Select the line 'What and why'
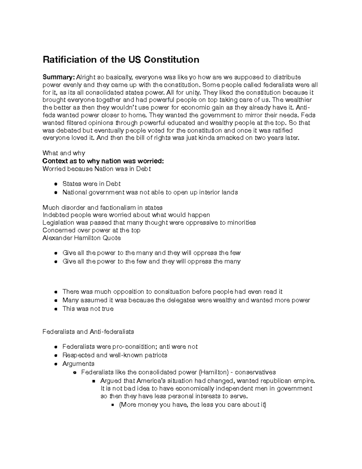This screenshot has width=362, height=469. click(x=64, y=153)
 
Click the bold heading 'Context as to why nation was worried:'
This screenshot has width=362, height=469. click(x=103, y=161)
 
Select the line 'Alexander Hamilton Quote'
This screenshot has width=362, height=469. click(x=81, y=238)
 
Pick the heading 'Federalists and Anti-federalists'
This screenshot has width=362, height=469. click(x=88, y=332)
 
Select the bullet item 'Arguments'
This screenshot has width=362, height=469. click(x=78, y=364)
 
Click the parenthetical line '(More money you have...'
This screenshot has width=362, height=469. click(x=193, y=405)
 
